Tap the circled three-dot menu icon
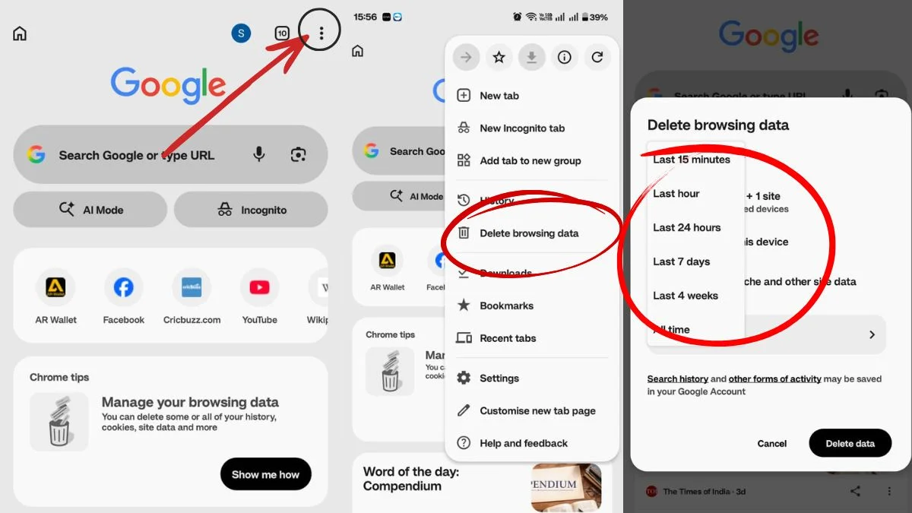pyautogui.click(x=321, y=33)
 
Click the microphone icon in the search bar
pyautogui.click(x=259, y=155)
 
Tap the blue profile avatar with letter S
pyautogui.click(x=241, y=33)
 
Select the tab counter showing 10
pyautogui.click(x=282, y=33)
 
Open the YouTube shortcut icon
pyautogui.click(x=259, y=287)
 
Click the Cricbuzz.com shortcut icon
pyautogui.click(x=192, y=287)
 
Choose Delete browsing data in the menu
pyautogui.click(x=529, y=233)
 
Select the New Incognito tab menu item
pyautogui.click(x=522, y=128)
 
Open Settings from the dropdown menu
pyautogui.click(x=499, y=378)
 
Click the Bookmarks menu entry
pyautogui.click(x=506, y=306)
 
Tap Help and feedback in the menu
pyautogui.click(x=524, y=443)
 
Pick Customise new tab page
pyautogui.click(x=537, y=411)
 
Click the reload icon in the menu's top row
pyautogui.click(x=597, y=57)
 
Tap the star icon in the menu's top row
pyautogui.click(x=499, y=57)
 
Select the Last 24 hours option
pyautogui.click(x=686, y=227)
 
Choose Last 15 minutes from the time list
pyautogui.click(x=691, y=160)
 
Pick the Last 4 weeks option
pyautogui.click(x=685, y=296)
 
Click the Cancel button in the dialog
pyautogui.click(x=771, y=443)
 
